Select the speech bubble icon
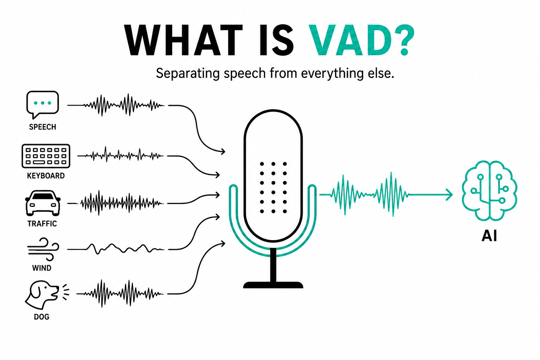coord(43,105)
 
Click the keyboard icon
coord(46,156)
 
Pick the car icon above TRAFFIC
coord(43,203)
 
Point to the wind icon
coord(43,249)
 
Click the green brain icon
coord(489,191)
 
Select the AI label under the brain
coord(489,236)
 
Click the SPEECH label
coord(43,127)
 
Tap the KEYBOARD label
coord(46,175)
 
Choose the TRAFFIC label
coord(42,224)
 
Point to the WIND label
coord(42,268)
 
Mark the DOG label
coord(42,317)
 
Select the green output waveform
coord(364,194)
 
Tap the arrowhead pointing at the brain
coord(449,194)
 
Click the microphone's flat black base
coord(273,285)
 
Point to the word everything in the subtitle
coord(333,73)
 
